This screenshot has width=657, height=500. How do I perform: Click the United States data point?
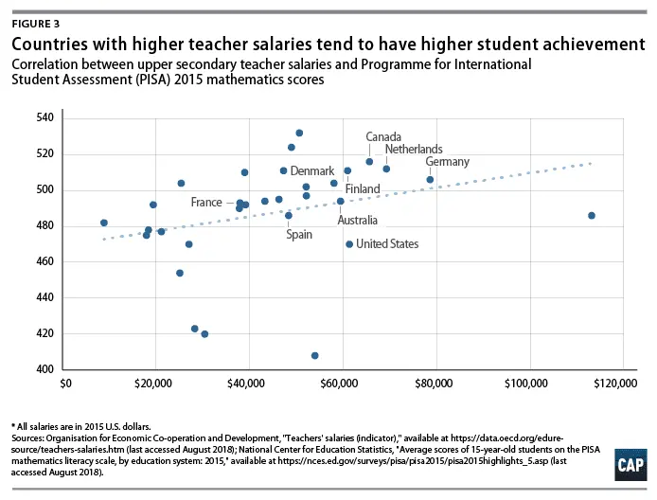click(x=349, y=243)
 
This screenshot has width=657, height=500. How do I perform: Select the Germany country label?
click(x=448, y=162)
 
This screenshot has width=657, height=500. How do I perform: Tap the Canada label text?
click(x=384, y=136)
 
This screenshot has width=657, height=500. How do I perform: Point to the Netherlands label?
click(x=414, y=150)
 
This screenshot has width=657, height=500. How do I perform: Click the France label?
click(x=205, y=203)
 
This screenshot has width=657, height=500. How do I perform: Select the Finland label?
click(x=363, y=189)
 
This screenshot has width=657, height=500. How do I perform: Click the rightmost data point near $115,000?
click(x=592, y=215)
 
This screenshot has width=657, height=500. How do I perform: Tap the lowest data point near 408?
click(x=315, y=355)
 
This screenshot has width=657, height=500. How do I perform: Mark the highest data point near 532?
click(x=299, y=133)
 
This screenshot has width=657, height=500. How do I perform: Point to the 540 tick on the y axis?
click(x=45, y=117)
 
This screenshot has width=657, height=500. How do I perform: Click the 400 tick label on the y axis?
click(x=45, y=369)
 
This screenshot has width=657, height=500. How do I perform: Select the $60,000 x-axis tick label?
click(x=342, y=384)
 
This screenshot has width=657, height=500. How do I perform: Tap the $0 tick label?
click(x=65, y=384)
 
